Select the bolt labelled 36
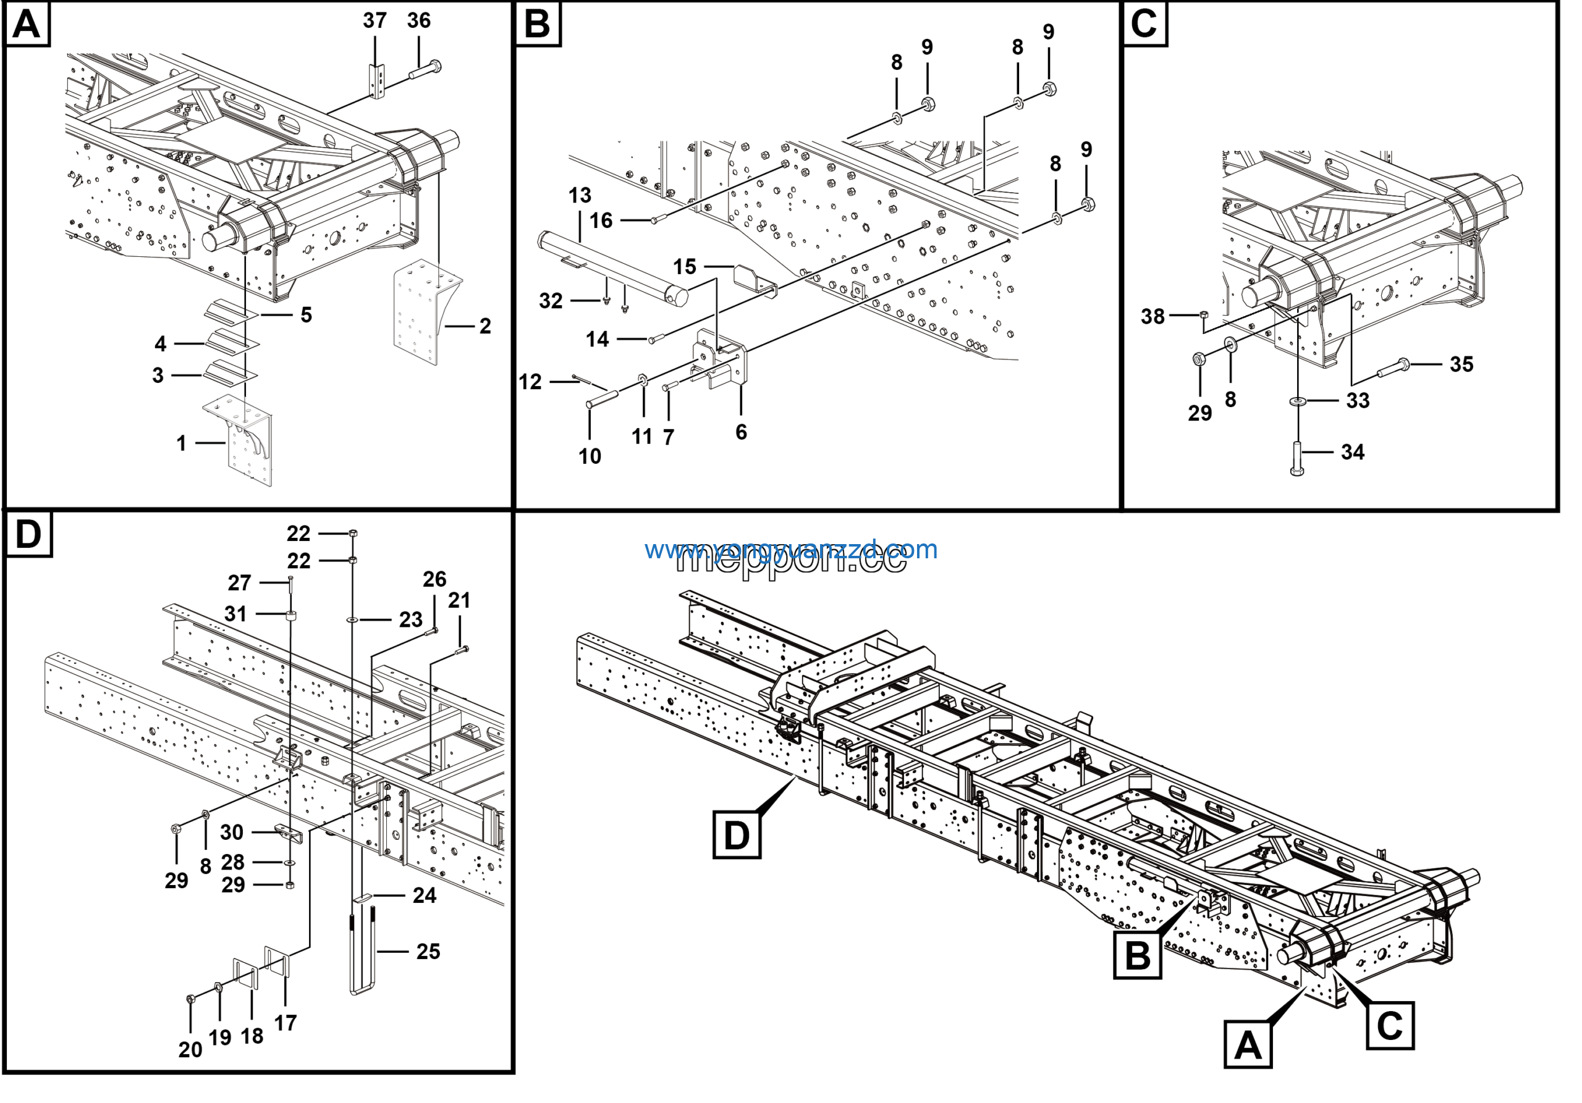click(x=426, y=69)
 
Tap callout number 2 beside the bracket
click(x=485, y=325)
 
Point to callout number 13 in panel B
click(x=580, y=196)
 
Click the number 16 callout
click(x=601, y=220)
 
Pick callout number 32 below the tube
click(x=551, y=301)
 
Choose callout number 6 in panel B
click(x=741, y=432)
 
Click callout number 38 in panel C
click(x=1153, y=317)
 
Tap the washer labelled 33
click(x=1299, y=400)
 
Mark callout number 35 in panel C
click(x=1461, y=364)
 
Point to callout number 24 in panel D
click(x=425, y=895)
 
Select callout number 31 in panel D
click(x=235, y=613)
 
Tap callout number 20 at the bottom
click(x=190, y=1049)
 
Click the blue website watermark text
click(x=791, y=550)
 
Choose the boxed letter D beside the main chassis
click(x=737, y=835)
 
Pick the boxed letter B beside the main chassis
click(x=1137, y=955)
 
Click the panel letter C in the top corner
click(x=1144, y=23)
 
